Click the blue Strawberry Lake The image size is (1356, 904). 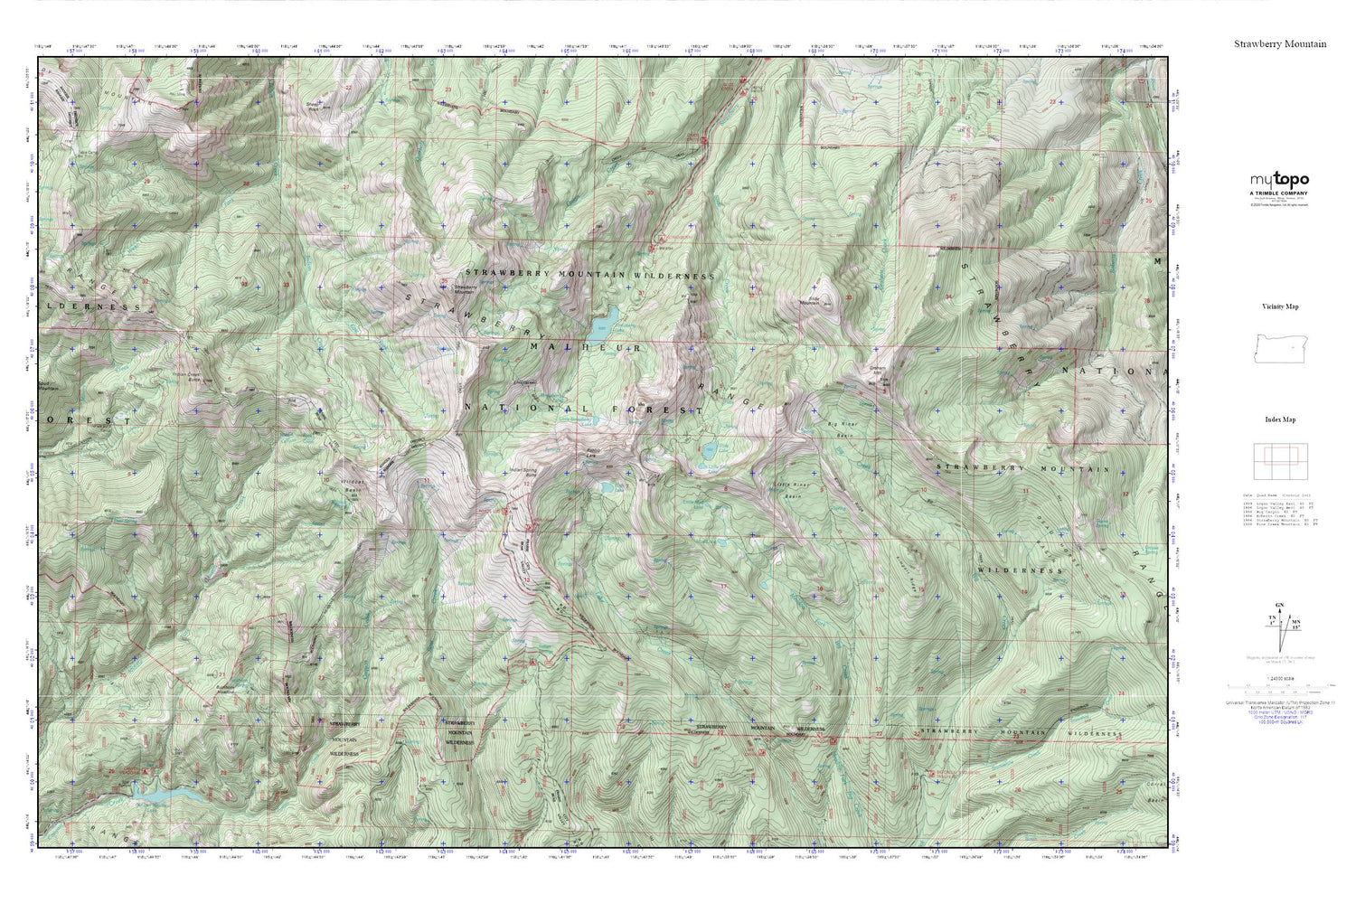[604, 320]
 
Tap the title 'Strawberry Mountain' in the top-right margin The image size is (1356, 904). [1280, 43]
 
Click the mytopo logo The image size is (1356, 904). [1279, 180]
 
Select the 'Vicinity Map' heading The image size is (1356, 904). [1280, 306]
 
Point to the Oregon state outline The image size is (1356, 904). [1279, 348]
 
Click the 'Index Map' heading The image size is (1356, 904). [1280, 419]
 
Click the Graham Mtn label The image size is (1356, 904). [877, 371]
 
